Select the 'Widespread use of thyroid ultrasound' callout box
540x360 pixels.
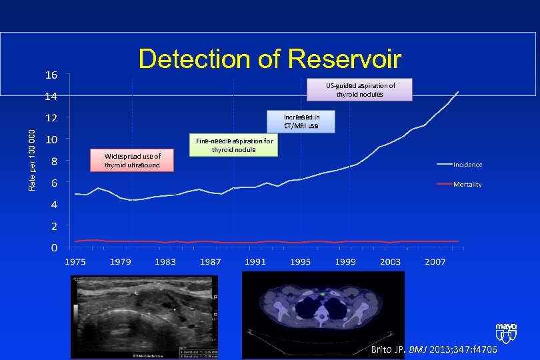pyautogui.click(x=132, y=161)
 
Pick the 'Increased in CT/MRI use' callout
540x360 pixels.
pyautogui.click(x=301, y=121)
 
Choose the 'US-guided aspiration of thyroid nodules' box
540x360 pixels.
pyautogui.click(x=360, y=90)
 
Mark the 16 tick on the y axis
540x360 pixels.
pyautogui.click(x=51, y=75)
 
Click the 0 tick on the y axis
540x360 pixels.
pyautogui.click(x=53, y=248)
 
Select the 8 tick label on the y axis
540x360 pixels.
pyautogui.click(x=53, y=161)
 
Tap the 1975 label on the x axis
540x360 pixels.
pyautogui.click(x=76, y=262)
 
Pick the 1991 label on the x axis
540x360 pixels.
pyautogui.click(x=255, y=262)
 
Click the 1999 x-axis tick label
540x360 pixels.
pyautogui.click(x=345, y=262)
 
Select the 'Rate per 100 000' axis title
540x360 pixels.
pyautogui.click(x=32, y=159)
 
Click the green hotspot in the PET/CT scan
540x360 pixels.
pyautogui.click(x=322, y=293)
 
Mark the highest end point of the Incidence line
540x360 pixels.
pyautogui.click(x=458, y=91)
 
